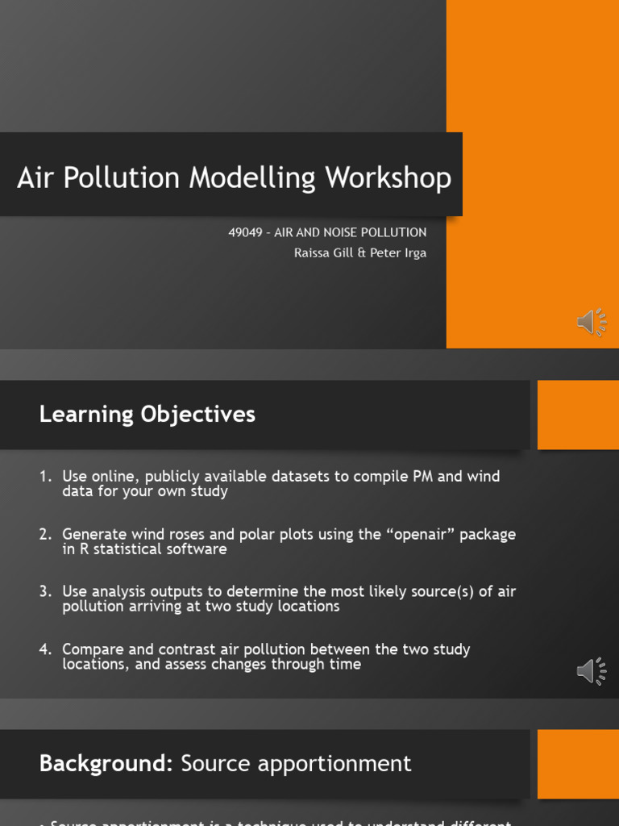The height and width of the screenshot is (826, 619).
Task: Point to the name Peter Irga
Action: point(398,252)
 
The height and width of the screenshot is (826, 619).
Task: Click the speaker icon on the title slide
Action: point(592,322)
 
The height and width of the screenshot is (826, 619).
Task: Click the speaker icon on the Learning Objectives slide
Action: point(592,671)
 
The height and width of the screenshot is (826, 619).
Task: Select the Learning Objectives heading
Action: point(147,415)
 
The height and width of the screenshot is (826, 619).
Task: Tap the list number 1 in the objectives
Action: point(44,477)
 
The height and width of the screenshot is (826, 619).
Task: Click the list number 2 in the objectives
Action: point(44,534)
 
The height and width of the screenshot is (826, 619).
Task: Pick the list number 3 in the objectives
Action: point(44,591)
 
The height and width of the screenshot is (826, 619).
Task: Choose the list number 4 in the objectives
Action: point(44,649)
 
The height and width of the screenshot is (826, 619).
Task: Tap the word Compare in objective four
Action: point(91,649)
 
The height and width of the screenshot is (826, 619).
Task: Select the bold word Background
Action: point(106,763)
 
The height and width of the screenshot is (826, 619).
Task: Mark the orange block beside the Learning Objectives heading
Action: point(577,415)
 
